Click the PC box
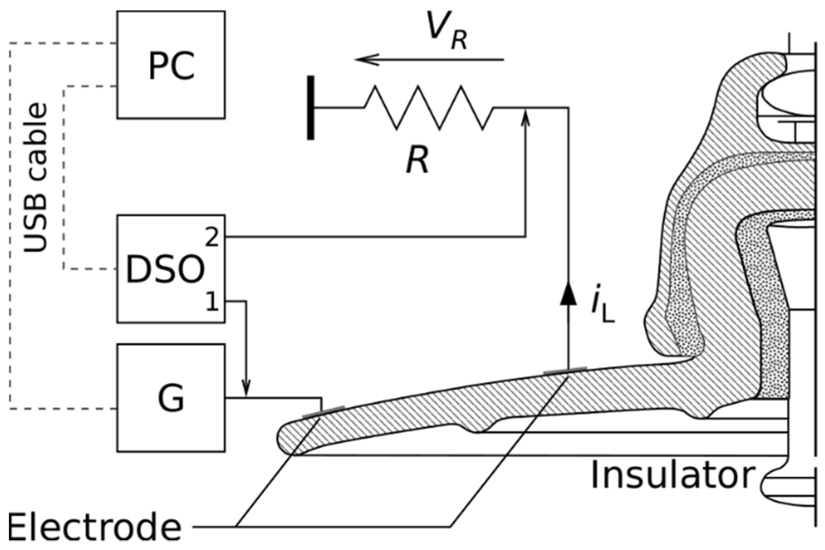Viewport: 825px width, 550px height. [x=171, y=65]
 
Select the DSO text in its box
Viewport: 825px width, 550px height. [x=165, y=270]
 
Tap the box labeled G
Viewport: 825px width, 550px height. [x=171, y=398]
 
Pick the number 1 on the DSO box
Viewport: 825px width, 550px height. [x=212, y=303]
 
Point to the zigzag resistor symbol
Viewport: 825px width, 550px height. [x=428, y=108]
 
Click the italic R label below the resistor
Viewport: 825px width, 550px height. [x=418, y=160]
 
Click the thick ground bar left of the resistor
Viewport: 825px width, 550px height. [x=311, y=108]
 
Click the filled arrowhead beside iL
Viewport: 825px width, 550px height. [x=568, y=295]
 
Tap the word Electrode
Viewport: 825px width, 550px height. [x=94, y=528]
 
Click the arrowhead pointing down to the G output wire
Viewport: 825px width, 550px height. [x=246, y=388]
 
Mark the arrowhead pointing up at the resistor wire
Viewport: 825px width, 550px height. [x=526, y=118]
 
